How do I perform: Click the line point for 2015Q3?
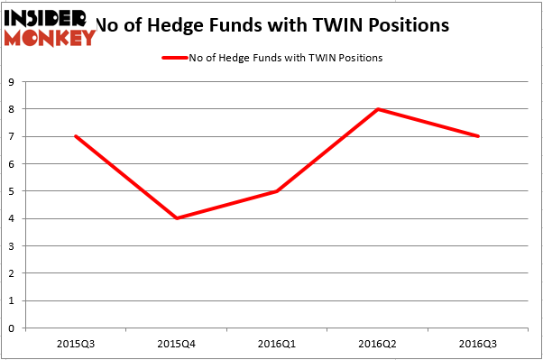tap(75, 136)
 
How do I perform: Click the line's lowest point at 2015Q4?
tap(178, 218)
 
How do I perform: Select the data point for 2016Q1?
tap(277, 191)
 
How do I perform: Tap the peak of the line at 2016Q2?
tap(377, 109)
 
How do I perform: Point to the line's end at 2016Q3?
tap(478, 136)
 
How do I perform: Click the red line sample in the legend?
tap(174, 58)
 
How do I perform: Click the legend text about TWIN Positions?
tap(286, 58)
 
